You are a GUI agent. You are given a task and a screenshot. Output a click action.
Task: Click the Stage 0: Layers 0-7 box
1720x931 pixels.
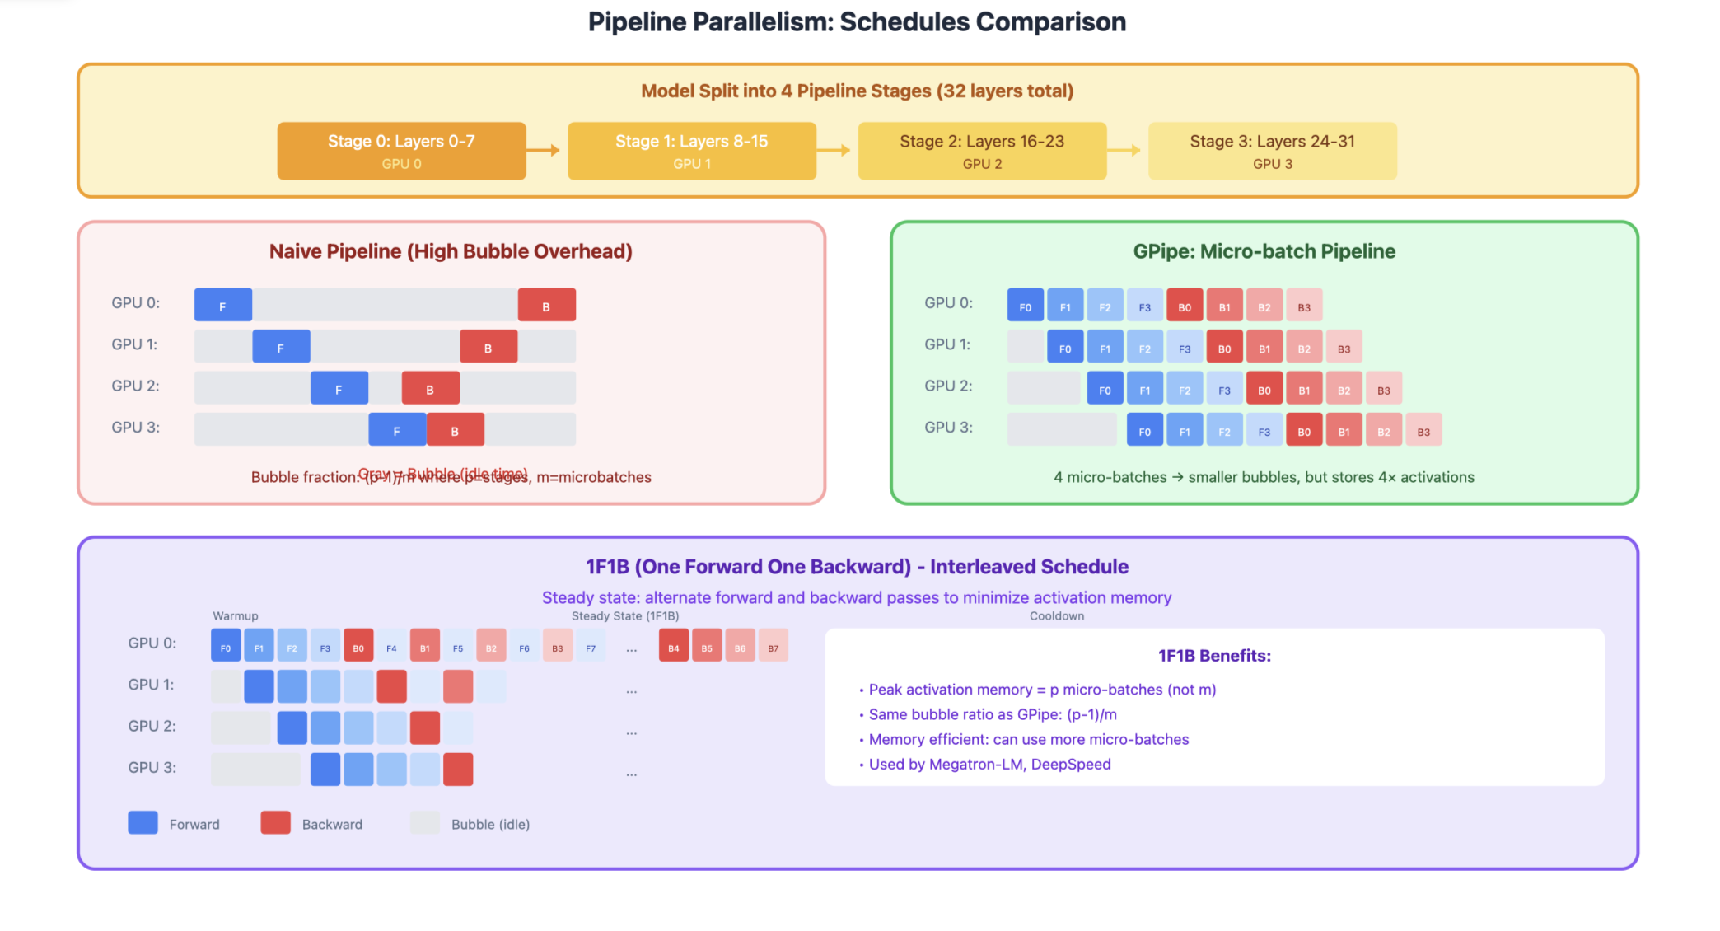[401, 151]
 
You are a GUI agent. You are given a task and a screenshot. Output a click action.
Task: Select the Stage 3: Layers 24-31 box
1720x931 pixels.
[1272, 151]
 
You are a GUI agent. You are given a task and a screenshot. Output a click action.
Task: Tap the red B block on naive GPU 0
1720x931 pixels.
[546, 305]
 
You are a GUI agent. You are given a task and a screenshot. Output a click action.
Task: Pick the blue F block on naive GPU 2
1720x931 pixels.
[339, 388]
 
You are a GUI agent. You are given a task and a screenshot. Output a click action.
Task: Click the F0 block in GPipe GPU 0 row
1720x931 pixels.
[1025, 306]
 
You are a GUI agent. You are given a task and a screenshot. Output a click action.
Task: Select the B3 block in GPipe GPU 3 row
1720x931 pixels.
[1423, 430]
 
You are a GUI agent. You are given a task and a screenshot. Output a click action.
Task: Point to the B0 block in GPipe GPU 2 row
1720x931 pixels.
[1264, 389]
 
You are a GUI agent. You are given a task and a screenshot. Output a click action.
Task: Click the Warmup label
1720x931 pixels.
[235, 615]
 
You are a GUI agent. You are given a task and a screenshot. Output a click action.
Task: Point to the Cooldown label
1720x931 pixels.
[1056, 615]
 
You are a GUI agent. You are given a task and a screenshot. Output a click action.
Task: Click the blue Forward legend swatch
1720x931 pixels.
[143, 822]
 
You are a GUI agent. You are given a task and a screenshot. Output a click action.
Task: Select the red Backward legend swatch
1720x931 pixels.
[275, 822]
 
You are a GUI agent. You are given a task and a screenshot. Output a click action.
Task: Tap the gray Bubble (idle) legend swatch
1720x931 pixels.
[425, 822]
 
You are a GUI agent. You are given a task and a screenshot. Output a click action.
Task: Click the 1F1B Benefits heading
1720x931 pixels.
[1214, 656]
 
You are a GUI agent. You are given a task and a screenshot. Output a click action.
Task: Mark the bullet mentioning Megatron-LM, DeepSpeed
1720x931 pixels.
[989, 764]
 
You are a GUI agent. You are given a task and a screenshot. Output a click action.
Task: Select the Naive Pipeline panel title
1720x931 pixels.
[451, 251]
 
